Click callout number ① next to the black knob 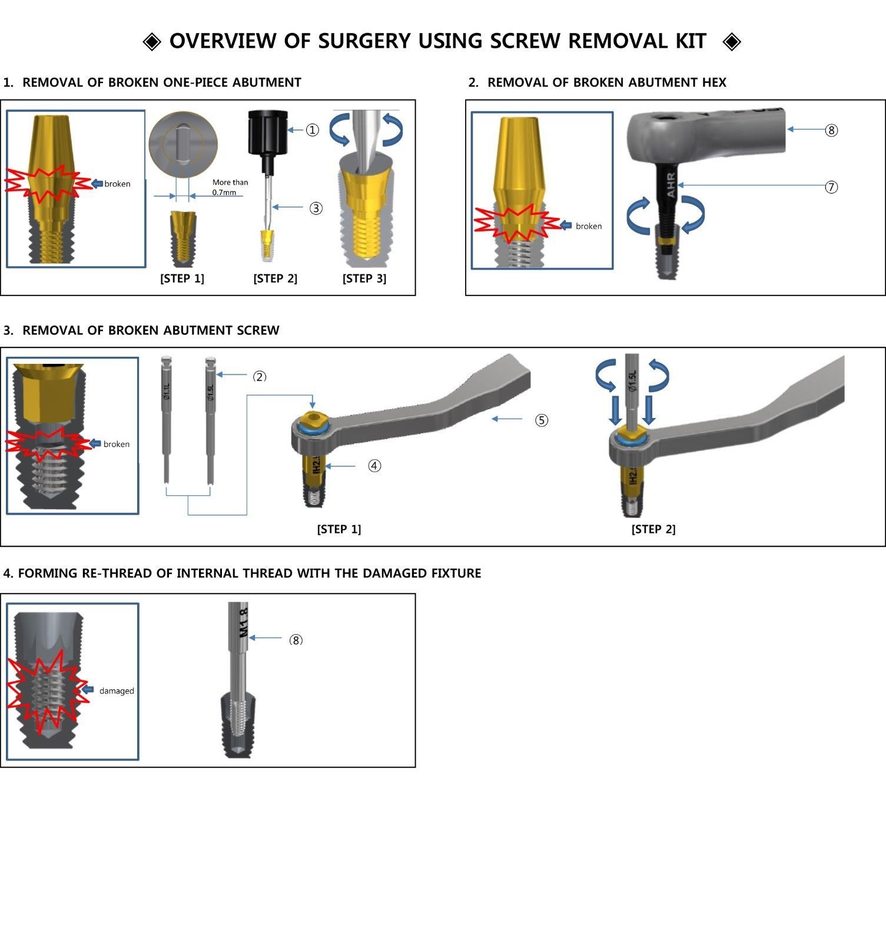coord(312,130)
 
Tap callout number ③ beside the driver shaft coord(316,208)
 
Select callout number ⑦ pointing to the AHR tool coord(831,187)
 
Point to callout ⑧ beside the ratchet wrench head coord(831,130)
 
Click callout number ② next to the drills coord(260,377)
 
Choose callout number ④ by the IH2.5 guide coord(374,466)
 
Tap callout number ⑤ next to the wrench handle coord(541,420)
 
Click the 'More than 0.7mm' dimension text coord(230,187)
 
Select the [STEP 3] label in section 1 coord(364,278)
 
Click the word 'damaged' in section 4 coord(117,691)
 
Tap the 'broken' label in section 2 coord(588,226)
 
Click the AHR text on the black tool coord(671,184)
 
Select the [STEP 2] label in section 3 coord(653,529)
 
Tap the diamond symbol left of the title coord(152,42)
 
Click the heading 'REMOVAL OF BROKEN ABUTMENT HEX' coord(606,82)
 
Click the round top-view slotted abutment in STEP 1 coord(183,143)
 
